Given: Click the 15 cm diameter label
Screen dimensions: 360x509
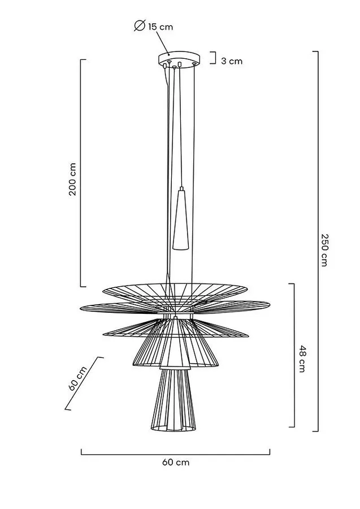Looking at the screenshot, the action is point(161,27).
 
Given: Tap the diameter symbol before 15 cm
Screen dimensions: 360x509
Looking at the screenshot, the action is point(140,25).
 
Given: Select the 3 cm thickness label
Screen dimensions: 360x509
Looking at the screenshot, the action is point(232,61).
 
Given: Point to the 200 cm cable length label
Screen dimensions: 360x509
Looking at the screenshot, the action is point(73,179).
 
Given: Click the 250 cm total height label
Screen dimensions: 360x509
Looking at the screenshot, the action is point(324,250).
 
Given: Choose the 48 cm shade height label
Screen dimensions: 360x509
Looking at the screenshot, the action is point(301,359).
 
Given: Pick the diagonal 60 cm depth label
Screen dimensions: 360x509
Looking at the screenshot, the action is point(78,378).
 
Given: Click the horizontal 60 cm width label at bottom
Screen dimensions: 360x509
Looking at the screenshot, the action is point(176,462).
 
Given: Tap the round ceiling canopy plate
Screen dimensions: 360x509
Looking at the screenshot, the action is point(179,59).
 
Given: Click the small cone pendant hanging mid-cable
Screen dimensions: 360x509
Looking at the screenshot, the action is point(181,218).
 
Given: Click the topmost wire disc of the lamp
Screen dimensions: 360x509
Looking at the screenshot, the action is point(175,291).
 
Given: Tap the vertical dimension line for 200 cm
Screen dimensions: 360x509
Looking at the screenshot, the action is point(81,173).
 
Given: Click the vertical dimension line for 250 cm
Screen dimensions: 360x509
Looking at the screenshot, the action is point(318,241).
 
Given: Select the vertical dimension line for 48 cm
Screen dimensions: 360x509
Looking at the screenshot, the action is point(294,355).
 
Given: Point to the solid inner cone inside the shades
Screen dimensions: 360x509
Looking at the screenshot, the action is point(175,344).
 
